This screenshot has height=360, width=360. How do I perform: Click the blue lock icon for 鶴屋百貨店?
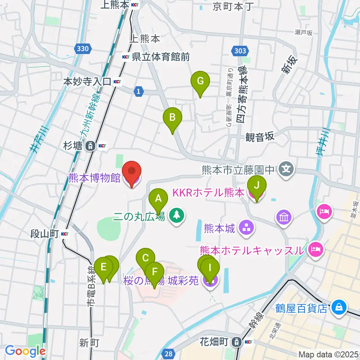339,307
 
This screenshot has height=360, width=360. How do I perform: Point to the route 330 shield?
82,48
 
